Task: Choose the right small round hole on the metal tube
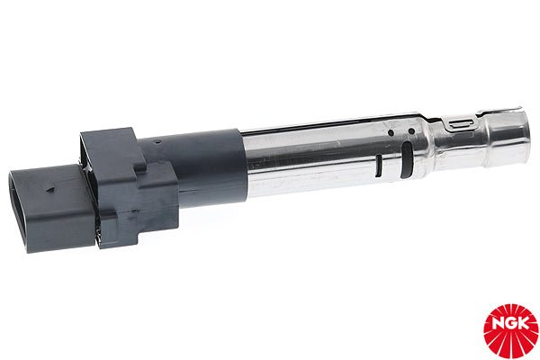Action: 411,131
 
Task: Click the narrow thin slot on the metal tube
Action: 378,166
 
